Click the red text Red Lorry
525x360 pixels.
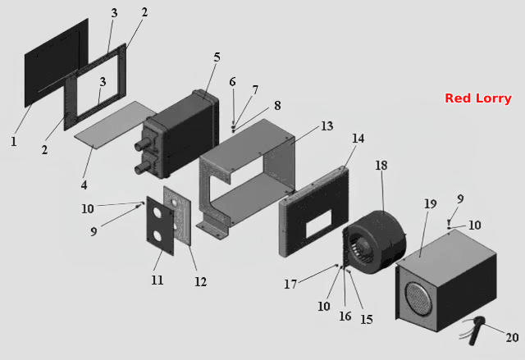[477, 98]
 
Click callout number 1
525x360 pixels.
[14, 141]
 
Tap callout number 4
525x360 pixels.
[84, 185]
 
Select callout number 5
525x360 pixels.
[217, 57]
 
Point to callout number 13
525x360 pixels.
[327, 125]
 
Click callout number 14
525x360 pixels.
[358, 139]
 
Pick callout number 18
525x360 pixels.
[381, 165]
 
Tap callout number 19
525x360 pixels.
[430, 203]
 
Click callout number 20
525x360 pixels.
[512, 337]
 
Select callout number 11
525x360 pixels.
[157, 280]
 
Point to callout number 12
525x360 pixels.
[200, 282]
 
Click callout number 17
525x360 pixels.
[290, 284]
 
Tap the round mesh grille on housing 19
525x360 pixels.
[419, 298]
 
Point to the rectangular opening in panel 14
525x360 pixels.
[319, 224]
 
